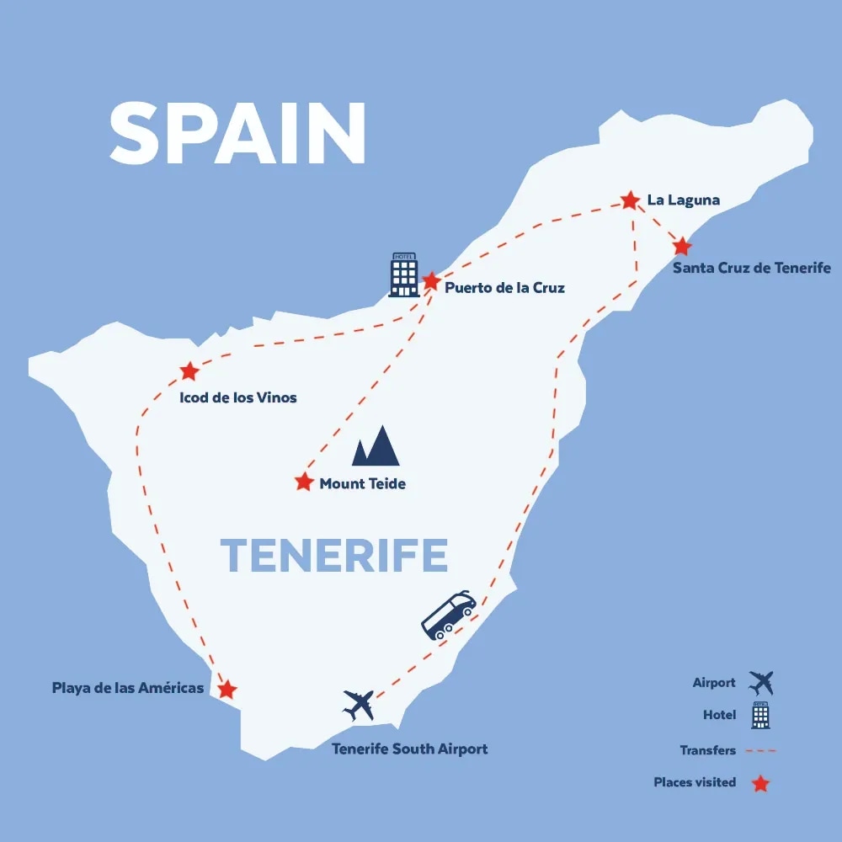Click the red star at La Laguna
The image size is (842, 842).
(x=630, y=200)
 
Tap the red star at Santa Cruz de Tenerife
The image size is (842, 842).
(x=682, y=247)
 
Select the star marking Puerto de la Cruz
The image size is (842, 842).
(x=431, y=281)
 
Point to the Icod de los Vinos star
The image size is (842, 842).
(x=189, y=371)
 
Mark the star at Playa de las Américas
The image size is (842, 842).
(x=226, y=690)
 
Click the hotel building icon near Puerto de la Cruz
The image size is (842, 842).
(x=404, y=274)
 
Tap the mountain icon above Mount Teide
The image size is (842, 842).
(x=376, y=446)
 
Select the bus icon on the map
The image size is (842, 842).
(x=449, y=615)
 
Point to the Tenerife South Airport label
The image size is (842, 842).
(x=409, y=749)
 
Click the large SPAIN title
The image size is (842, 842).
(x=238, y=134)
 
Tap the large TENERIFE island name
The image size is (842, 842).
(x=333, y=556)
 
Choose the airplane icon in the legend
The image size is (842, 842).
(x=761, y=683)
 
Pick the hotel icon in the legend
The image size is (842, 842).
(x=760, y=715)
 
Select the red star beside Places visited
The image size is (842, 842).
(x=760, y=784)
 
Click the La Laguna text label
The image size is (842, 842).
(x=684, y=200)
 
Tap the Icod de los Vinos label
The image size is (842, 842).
(x=238, y=397)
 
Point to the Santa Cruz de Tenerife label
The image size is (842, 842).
(x=752, y=269)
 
